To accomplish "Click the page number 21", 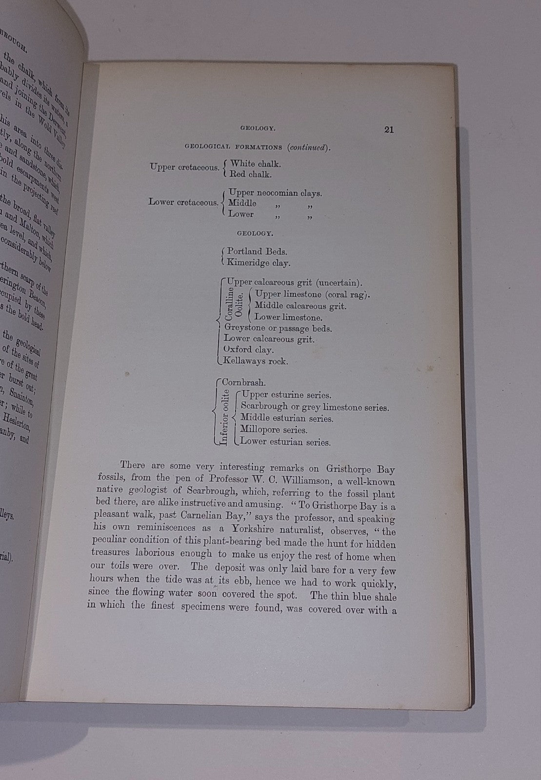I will [389, 130].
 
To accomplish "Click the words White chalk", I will [256, 164].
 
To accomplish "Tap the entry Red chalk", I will [251, 174].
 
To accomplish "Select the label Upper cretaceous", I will [185, 167].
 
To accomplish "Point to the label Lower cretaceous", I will [183, 201].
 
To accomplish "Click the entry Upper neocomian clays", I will [275, 193].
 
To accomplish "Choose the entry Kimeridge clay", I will [259, 263].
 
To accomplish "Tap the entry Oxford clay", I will [249, 350].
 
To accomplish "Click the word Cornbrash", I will [243, 383].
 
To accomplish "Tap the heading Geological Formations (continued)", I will [257, 148].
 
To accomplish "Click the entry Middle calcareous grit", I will [301, 306].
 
